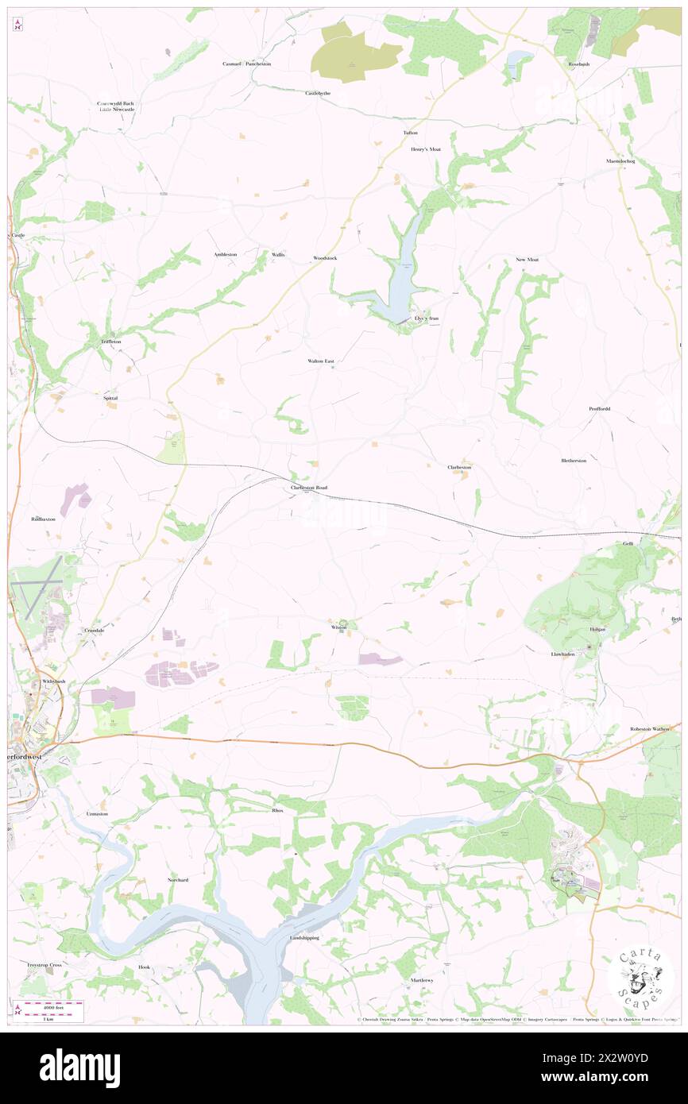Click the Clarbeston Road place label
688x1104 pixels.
309,487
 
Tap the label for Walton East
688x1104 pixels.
321,361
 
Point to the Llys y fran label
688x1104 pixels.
427,318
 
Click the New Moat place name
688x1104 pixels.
527,260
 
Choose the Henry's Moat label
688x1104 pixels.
425,149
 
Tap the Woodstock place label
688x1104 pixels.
325,258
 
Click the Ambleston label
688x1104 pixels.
225,254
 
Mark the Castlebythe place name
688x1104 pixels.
318,93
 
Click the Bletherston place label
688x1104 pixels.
574,461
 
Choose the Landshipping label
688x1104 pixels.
304,938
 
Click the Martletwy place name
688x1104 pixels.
422,980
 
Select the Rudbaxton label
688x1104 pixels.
43,519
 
